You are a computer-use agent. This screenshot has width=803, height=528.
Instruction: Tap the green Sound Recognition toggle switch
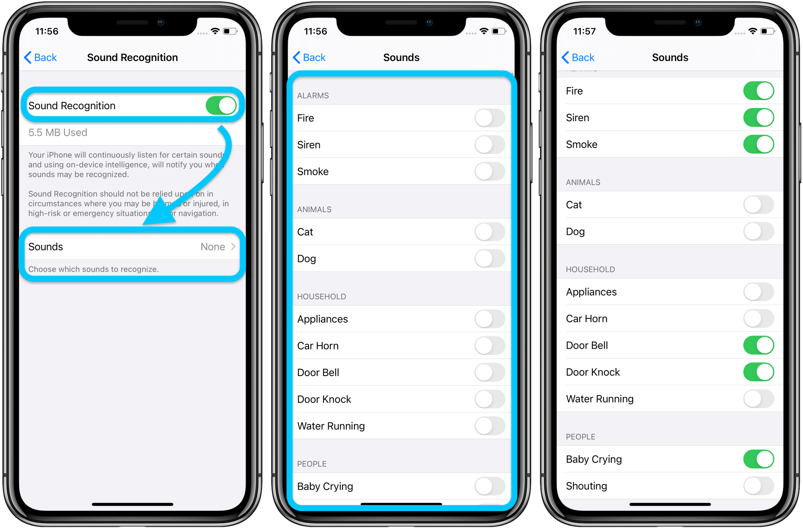pyautogui.click(x=221, y=106)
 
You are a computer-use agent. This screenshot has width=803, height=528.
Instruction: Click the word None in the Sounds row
pyautogui.click(x=213, y=247)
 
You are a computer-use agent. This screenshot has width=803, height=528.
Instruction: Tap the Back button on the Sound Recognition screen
pyautogui.click(x=41, y=57)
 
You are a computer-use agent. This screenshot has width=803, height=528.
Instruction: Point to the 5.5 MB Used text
pyautogui.click(x=58, y=133)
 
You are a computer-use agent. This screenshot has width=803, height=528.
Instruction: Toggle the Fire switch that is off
pyautogui.click(x=490, y=118)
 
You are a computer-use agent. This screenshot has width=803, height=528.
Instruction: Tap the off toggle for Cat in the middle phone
pyautogui.click(x=490, y=232)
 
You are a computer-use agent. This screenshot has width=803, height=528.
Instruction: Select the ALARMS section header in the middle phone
pyautogui.click(x=313, y=95)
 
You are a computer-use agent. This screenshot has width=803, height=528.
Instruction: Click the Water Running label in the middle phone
pyautogui.click(x=331, y=426)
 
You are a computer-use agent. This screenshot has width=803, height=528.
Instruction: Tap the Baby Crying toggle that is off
pyautogui.click(x=490, y=486)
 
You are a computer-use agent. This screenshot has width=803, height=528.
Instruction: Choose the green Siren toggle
pyautogui.click(x=758, y=118)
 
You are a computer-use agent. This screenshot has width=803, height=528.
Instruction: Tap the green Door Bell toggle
pyautogui.click(x=758, y=345)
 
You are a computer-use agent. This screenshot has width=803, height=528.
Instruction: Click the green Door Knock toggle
pyautogui.click(x=758, y=372)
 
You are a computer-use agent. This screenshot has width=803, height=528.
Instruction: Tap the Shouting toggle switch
pyautogui.click(x=758, y=486)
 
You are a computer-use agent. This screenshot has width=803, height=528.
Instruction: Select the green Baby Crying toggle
pyautogui.click(x=758, y=459)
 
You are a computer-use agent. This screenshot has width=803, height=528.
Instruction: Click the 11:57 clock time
pyautogui.click(x=584, y=31)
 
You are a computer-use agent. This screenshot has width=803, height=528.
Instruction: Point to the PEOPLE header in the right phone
pyautogui.click(x=580, y=437)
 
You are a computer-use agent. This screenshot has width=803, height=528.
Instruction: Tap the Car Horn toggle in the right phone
pyautogui.click(x=758, y=319)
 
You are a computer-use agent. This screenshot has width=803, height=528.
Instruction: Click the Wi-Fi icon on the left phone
pyautogui.click(x=215, y=31)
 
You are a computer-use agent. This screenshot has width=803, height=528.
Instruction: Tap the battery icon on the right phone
pyautogui.click(x=768, y=31)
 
